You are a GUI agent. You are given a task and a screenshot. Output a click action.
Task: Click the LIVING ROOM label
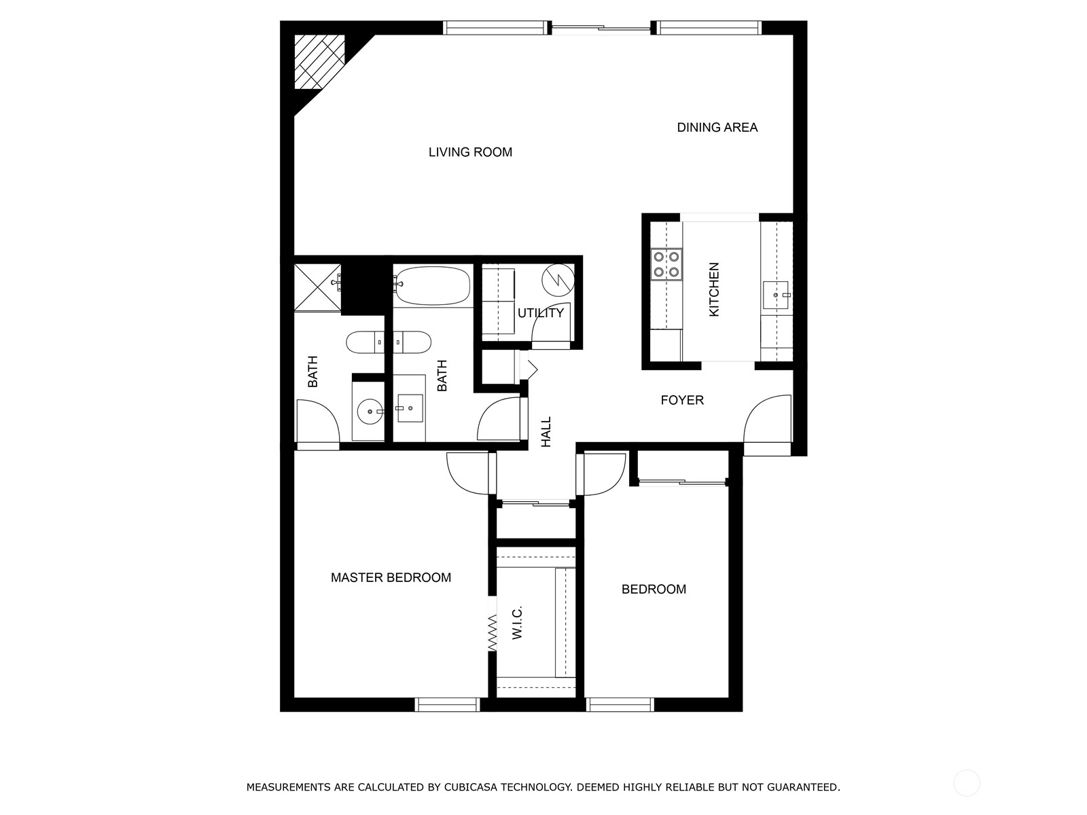(470, 152)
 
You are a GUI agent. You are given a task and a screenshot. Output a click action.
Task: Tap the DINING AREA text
(717, 127)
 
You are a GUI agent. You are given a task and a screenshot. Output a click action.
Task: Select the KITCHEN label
(714, 289)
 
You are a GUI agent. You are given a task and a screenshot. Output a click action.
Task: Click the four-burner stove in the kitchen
(666, 265)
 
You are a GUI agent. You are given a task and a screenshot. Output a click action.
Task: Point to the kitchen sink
(775, 295)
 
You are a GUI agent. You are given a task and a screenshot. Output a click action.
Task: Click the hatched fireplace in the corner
(318, 61)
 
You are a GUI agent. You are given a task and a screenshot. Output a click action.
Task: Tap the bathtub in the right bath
(433, 285)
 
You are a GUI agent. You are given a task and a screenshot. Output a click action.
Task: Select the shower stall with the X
(317, 287)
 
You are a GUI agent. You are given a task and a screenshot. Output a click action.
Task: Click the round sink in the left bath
(369, 411)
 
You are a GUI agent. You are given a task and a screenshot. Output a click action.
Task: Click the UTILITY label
(540, 313)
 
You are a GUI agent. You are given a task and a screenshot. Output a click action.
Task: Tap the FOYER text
(682, 400)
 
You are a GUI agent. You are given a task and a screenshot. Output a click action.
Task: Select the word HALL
(546, 432)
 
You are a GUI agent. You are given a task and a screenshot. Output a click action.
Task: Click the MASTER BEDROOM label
(391, 577)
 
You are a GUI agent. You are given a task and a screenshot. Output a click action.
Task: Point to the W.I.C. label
(517, 623)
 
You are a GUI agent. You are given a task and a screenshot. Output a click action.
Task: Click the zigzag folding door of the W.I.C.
(493, 632)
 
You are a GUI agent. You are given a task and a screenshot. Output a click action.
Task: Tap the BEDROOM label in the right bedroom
(654, 589)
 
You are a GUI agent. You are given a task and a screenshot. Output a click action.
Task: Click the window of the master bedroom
(447, 705)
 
